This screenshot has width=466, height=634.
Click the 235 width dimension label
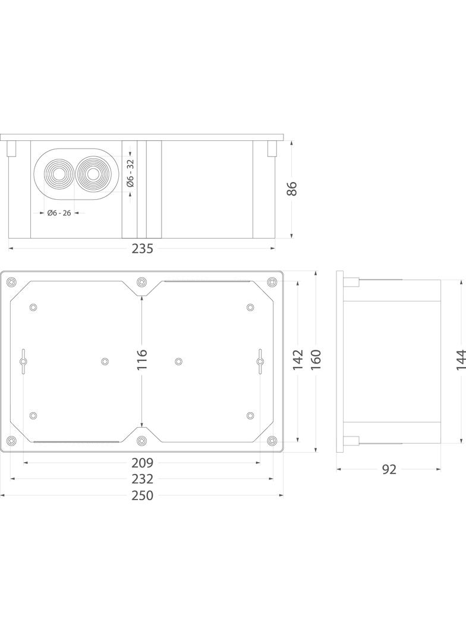[142, 249]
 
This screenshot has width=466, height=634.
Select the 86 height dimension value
[291, 189]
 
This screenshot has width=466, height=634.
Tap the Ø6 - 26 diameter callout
[59, 213]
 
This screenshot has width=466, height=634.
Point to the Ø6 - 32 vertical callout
[131, 173]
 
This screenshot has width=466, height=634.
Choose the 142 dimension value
[298, 360]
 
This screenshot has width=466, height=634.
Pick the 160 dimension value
[316, 360]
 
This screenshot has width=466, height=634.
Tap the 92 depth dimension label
[389, 469]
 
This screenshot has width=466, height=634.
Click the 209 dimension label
[142, 462]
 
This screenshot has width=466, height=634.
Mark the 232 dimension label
[142, 479]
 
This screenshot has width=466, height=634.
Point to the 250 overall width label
[142, 495]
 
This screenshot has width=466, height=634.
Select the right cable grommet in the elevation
[92, 174]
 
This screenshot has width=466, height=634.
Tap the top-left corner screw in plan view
[12, 282]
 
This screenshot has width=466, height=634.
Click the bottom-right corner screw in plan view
[272, 440]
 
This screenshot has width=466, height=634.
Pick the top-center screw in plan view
[141, 281]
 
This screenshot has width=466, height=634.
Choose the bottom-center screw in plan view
[141, 441]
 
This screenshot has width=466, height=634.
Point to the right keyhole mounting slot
[260, 361]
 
